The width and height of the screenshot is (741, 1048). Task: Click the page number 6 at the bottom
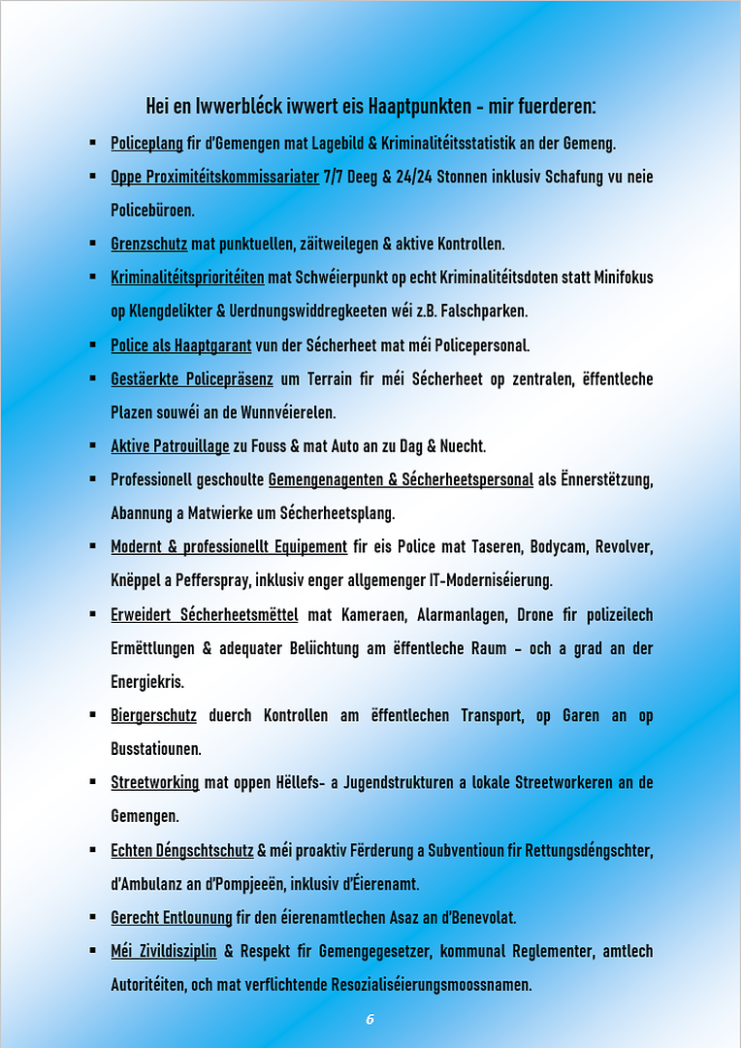pyautogui.click(x=370, y=1019)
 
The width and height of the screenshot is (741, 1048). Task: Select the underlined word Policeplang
pyautogui.click(x=146, y=143)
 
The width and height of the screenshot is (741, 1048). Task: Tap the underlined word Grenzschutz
pyautogui.click(x=148, y=243)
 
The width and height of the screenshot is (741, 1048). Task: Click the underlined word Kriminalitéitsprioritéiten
pyautogui.click(x=187, y=278)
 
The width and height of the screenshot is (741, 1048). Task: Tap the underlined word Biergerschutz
pyautogui.click(x=153, y=715)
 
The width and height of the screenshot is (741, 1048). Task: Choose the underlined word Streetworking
pyautogui.click(x=154, y=782)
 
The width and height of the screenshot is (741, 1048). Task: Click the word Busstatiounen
pyautogui.click(x=152, y=749)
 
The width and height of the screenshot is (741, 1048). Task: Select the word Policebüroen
pyautogui.click(x=152, y=210)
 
